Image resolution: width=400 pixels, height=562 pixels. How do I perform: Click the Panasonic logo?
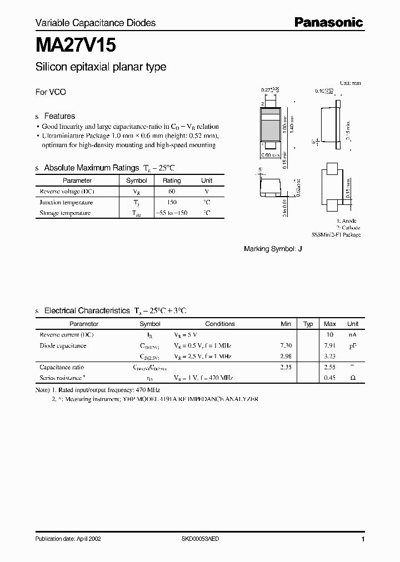[x=328, y=22]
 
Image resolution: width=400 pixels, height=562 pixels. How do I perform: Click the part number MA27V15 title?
[x=76, y=44]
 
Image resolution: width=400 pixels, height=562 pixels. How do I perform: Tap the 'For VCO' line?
[x=51, y=92]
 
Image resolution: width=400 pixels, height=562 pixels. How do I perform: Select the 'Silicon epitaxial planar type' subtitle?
[x=101, y=67]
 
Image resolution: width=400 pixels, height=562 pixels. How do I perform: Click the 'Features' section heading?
[x=59, y=116]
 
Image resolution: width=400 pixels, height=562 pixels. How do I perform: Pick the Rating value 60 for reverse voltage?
[x=172, y=191]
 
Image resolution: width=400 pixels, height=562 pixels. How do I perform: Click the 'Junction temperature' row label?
[x=66, y=202]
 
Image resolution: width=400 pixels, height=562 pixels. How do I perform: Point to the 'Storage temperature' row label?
[x=64, y=213]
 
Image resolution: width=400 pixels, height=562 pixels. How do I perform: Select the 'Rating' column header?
[x=172, y=180]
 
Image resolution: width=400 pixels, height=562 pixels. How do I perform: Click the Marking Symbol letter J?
[x=301, y=249]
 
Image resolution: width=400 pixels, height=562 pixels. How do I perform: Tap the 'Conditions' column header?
[x=220, y=324]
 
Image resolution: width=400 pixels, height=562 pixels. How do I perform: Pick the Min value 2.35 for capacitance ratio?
[x=286, y=367]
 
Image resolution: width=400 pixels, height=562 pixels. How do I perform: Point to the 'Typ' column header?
[x=308, y=324]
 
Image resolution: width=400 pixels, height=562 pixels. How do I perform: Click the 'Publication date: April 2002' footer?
[x=68, y=539]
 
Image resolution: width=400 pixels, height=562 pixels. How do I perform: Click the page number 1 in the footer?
[x=363, y=539]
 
